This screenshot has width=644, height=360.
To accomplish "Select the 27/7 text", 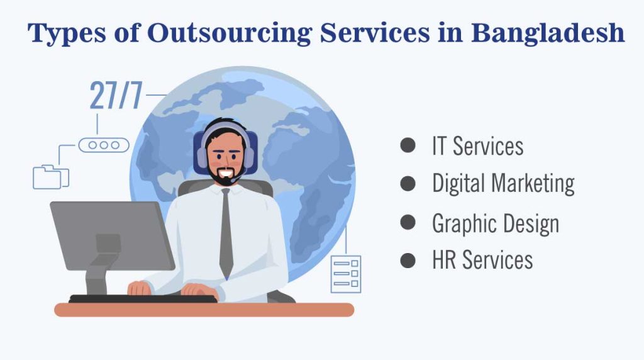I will coord(116,95).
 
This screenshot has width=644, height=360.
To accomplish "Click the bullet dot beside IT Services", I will coord(408,146).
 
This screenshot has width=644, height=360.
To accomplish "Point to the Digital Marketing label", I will coord(503,184).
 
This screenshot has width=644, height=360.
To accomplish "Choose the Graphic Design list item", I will coord(496,223).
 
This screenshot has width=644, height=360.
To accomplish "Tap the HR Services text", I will coord(482,260).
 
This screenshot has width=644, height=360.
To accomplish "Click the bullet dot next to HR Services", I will coord(408,260).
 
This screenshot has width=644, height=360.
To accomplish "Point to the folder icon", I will coord(50,176).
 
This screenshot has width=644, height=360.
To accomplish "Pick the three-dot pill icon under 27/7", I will coord(104,145).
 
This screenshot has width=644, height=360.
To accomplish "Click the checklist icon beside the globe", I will coord(346,274).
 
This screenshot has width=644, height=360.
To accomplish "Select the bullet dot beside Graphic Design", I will coord(408,222).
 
